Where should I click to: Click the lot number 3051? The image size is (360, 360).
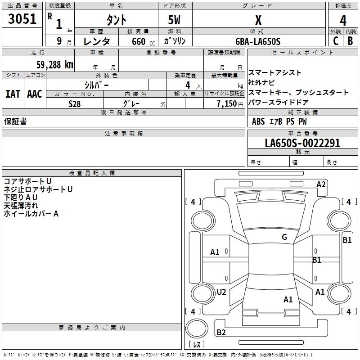coord(22,19)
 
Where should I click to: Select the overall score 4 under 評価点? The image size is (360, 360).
coord(343,21)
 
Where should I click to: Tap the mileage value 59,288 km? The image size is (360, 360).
coord(55,65)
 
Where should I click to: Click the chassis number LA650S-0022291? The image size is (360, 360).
coord(302,143)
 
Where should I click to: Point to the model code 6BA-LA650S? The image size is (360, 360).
coord(258,41)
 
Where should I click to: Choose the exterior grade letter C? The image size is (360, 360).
coord(336,41)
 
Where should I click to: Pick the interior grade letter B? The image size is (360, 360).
coord(350,41)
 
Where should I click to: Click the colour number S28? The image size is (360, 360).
coord(75,104)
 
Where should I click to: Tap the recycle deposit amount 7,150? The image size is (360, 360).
coord(227,104)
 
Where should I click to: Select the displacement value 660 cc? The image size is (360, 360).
coord(144,41)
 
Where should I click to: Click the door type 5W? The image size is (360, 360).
coord(174,20)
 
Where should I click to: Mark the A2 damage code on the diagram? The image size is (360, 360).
coord(321,184)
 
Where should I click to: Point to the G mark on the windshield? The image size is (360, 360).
coord(284,237)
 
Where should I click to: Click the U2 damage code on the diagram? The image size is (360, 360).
coord(221,292)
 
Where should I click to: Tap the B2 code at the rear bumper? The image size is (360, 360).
coord(221,332)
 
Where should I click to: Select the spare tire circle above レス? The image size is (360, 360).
coord(197,328)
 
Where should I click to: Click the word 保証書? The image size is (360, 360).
coord(15,121)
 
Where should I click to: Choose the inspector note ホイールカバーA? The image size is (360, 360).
coord(31,214)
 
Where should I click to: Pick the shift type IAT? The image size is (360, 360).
coord(13,94)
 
